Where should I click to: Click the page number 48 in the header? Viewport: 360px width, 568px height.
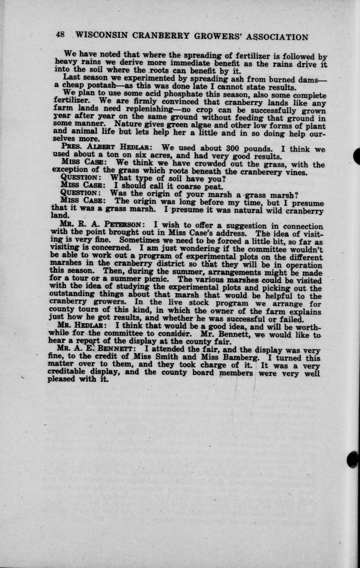60,35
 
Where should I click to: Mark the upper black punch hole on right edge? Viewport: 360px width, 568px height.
357,157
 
